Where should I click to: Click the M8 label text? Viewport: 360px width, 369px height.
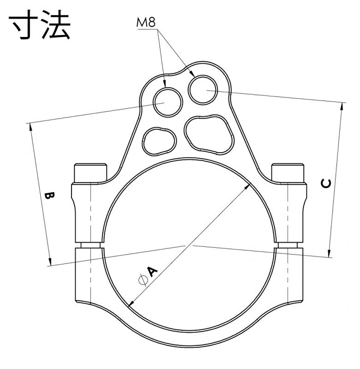coord(146,23)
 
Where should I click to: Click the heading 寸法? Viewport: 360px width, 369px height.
coord(39,24)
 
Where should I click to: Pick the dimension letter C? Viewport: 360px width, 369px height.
coord(326,183)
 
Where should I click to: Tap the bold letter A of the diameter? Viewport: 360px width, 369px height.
coord(152,272)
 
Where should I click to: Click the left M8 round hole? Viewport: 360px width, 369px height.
coord(168,102)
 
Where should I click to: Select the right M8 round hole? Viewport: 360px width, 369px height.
coord(203,90)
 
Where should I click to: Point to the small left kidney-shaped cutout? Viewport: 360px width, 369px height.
coord(159,141)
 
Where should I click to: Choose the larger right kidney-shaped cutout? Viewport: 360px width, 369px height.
coord(209,135)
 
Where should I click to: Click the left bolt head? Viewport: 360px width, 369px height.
coord(90,173)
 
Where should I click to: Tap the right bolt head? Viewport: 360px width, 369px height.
coord(287,173)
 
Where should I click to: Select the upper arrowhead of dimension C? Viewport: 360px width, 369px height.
coord(342,107)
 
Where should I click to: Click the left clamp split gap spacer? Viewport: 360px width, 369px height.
coord(90,245)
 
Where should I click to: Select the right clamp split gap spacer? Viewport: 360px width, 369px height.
coord(287,245)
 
